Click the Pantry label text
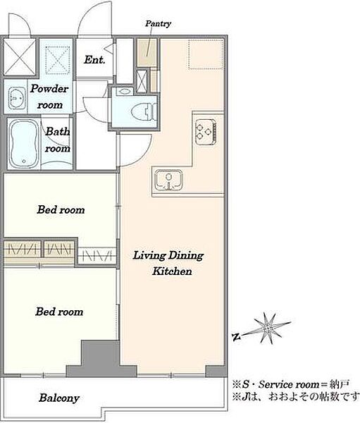click(x=158, y=24)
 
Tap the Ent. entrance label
click(x=94, y=60)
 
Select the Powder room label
click(x=49, y=97)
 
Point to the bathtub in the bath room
click(x=24, y=143)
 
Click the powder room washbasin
click(x=16, y=98)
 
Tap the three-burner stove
click(x=206, y=132)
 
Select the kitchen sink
click(x=169, y=180)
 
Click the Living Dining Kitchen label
click(x=168, y=263)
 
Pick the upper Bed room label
click(x=61, y=209)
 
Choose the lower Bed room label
click(x=59, y=312)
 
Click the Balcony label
click(x=59, y=398)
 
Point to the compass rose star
click(x=268, y=329)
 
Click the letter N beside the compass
click(x=237, y=337)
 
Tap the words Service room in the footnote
click(x=289, y=384)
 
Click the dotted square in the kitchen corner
click(x=206, y=54)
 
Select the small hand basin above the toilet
click(x=125, y=91)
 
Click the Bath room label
click(x=58, y=140)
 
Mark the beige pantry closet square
click(x=147, y=53)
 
